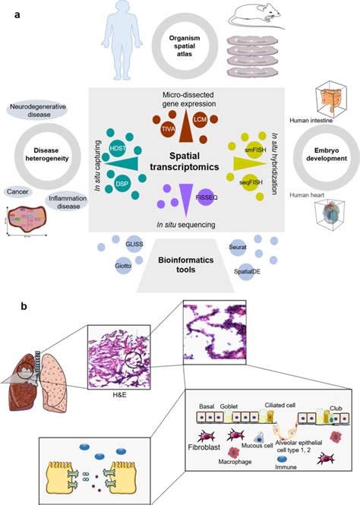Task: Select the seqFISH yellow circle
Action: pyautogui.click(x=242, y=183)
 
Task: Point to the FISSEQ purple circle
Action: pyautogui.click(x=203, y=197)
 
